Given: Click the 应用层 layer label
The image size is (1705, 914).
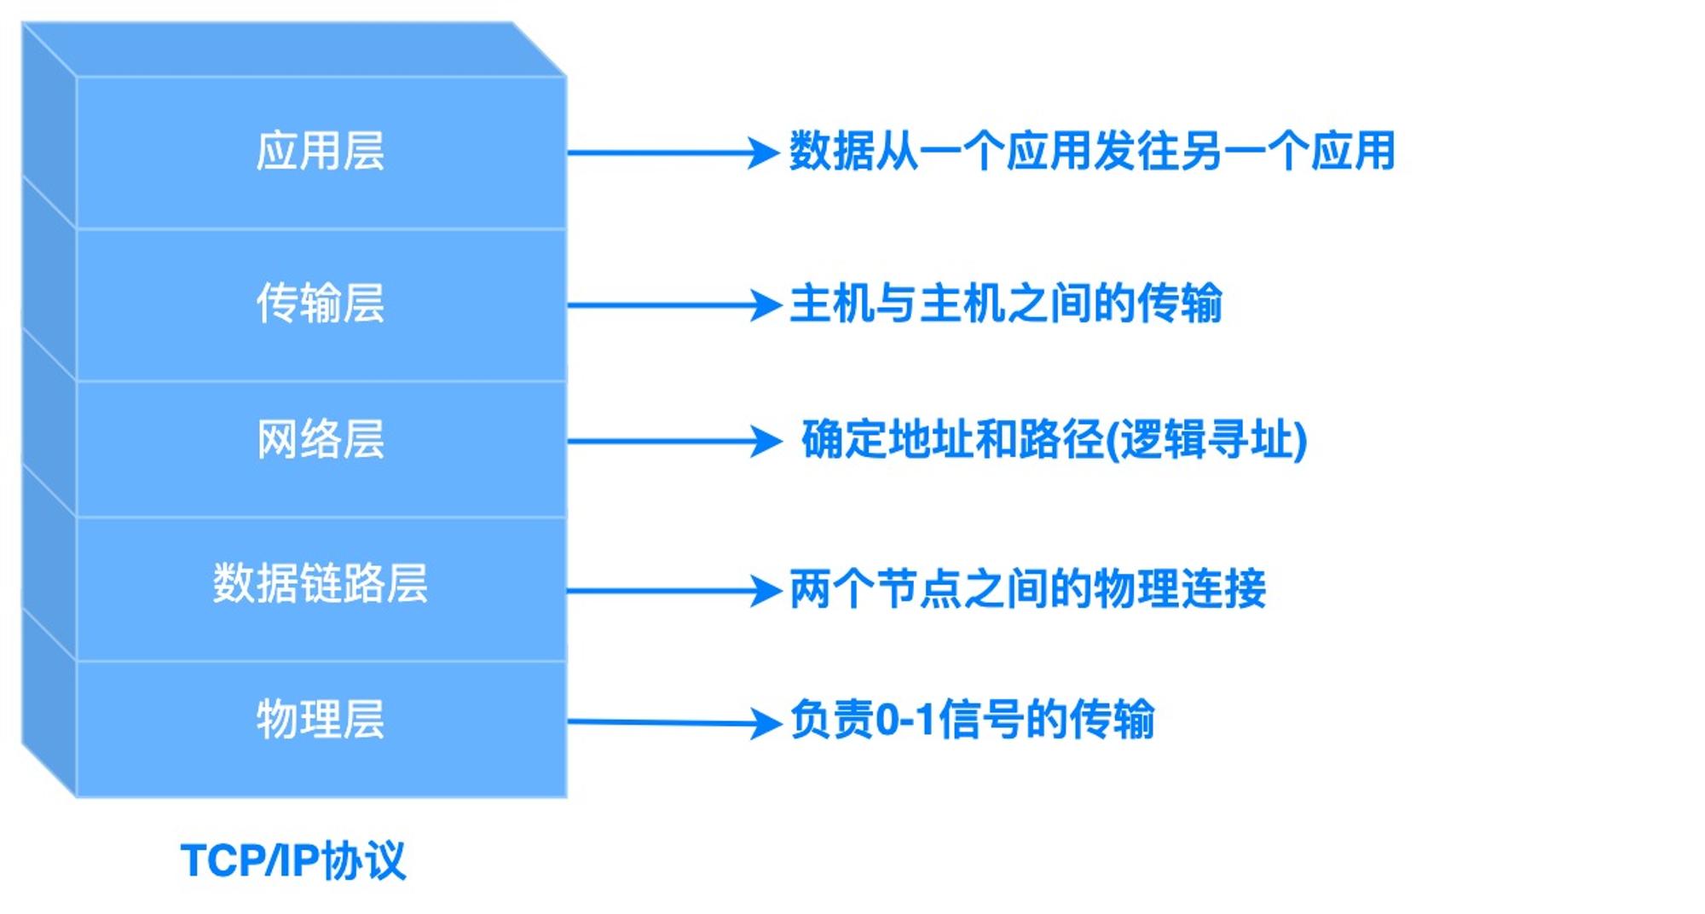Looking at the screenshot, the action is pyautogui.click(x=321, y=152).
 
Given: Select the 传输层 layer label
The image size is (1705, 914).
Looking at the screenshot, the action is pyautogui.click(x=321, y=304).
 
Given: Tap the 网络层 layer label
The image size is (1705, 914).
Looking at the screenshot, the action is pyautogui.click(x=321, y=440).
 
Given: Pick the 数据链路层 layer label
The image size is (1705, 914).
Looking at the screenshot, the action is pyautogui.click(x=321, y=584).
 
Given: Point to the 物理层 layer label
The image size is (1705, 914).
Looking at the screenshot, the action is pyautogui.click(x=321, y=720).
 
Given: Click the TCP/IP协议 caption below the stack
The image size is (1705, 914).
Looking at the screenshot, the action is pyautogui.click(x=293, y=860).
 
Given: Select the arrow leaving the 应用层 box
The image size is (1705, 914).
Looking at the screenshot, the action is pyautogui.click(x=673, y=153).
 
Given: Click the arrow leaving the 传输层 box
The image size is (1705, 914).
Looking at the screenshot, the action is pyautogui.click(x=674, y=304).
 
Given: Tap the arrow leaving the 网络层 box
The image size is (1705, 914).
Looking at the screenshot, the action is pyautogui.click(x=674, y=441).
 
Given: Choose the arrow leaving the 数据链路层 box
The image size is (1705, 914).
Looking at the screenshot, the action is pyautogui.click(x=674, y=590).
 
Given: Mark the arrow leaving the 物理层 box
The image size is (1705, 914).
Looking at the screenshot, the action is pyautogui.click(x=674, y=723).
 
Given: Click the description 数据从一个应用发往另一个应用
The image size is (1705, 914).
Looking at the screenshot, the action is pyautogui.click(x=1092, y=152).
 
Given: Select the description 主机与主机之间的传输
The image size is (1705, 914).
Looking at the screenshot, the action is pyautogui.click(x=1006, y=304).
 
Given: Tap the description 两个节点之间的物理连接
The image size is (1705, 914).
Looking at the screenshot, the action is pyautogui.click(x=1027, y=589).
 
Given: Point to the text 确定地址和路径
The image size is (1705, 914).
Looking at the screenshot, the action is pyautogui.click(x=952, y=440).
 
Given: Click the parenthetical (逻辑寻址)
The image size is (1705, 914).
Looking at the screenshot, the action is pyautogui.click(x=1206, y=440).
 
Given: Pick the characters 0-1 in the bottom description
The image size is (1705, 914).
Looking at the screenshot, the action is pyautogui.click(x=906, y=720).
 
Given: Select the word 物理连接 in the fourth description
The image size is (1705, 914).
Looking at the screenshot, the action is pyautogui.click(x=1179, y=589).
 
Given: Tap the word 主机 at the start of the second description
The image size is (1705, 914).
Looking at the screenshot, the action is pyautogui.click(x=832, y=304).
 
